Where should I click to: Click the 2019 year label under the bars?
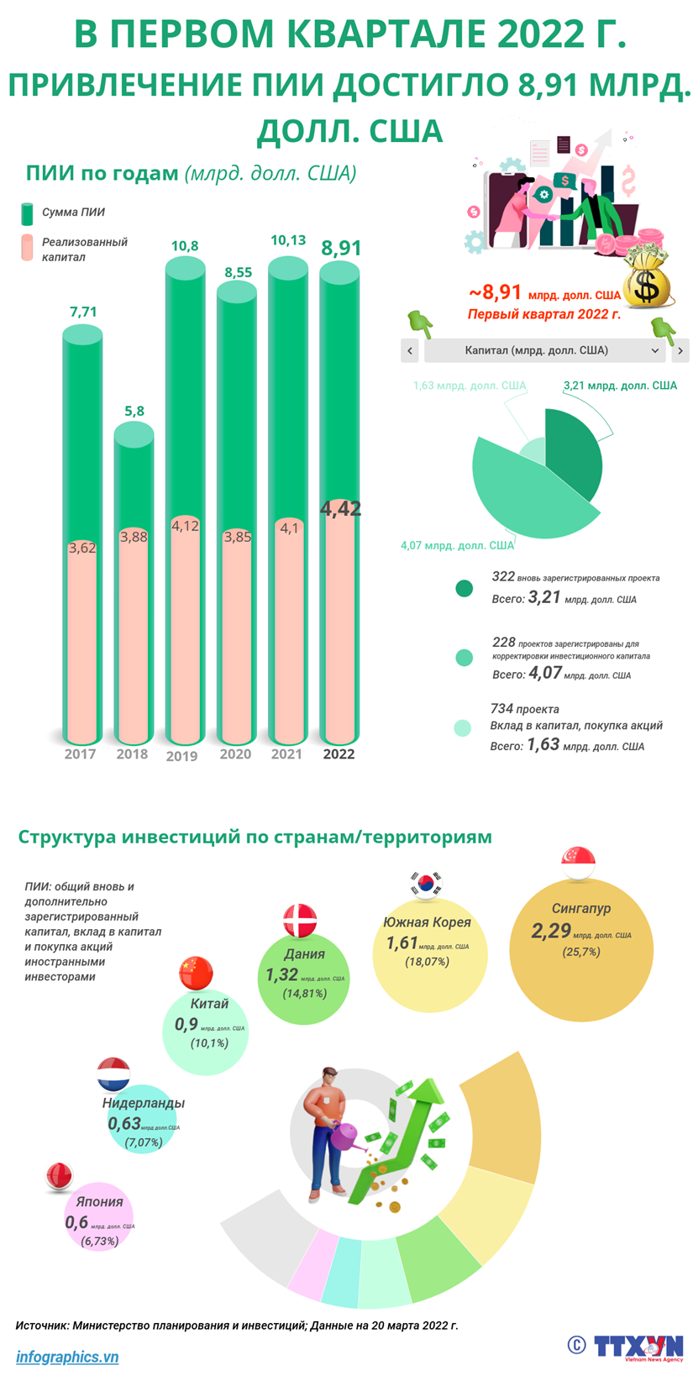click(x=182, y=755)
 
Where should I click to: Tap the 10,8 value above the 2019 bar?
click(x=185, y=246)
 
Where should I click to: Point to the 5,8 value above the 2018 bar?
click(x=134, y=411)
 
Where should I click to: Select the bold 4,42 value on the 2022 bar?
click(x=340, y=508)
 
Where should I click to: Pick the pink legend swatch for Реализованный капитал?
click(x=27, y=248)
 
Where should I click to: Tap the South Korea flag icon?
click(x=425, y=883)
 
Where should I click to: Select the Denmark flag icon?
click(x=300, y=921)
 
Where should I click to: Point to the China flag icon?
click(x=196, y=973)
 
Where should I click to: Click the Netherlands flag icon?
click(x=113, y=1074)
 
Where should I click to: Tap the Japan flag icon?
click(x=61, y=1177)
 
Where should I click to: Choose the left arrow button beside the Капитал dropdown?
click(x=410, y=350)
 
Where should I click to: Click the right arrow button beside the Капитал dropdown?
click(x=680, y=350)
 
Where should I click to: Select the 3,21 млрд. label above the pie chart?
click(x=619, y=386)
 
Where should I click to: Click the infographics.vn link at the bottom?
click(x=67, y=1357)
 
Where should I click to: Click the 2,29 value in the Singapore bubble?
click(x=551, y=931)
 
